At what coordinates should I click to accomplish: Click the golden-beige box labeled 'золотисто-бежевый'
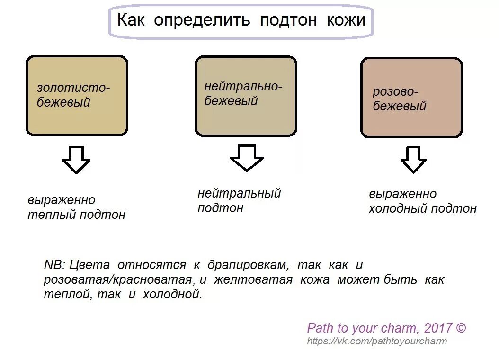(x=77, y=96)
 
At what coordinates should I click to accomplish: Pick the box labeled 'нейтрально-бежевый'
(x=246, y=96)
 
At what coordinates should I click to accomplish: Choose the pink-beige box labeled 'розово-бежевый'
(x=411, y=98)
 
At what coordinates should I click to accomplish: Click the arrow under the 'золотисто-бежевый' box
(x=76, y=160)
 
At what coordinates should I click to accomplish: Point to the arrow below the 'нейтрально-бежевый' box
(x=246, y=158)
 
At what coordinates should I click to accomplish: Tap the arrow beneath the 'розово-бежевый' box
(x=413, y=159)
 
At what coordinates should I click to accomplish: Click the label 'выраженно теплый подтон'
(x=76, y=207)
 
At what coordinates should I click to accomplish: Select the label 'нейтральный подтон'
(x=239, y=200)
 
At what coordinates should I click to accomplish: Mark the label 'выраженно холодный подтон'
(x=422, y=201)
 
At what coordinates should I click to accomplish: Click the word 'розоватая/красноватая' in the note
(x=118, y=279)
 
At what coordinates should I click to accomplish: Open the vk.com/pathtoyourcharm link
(x=377, y=341)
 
